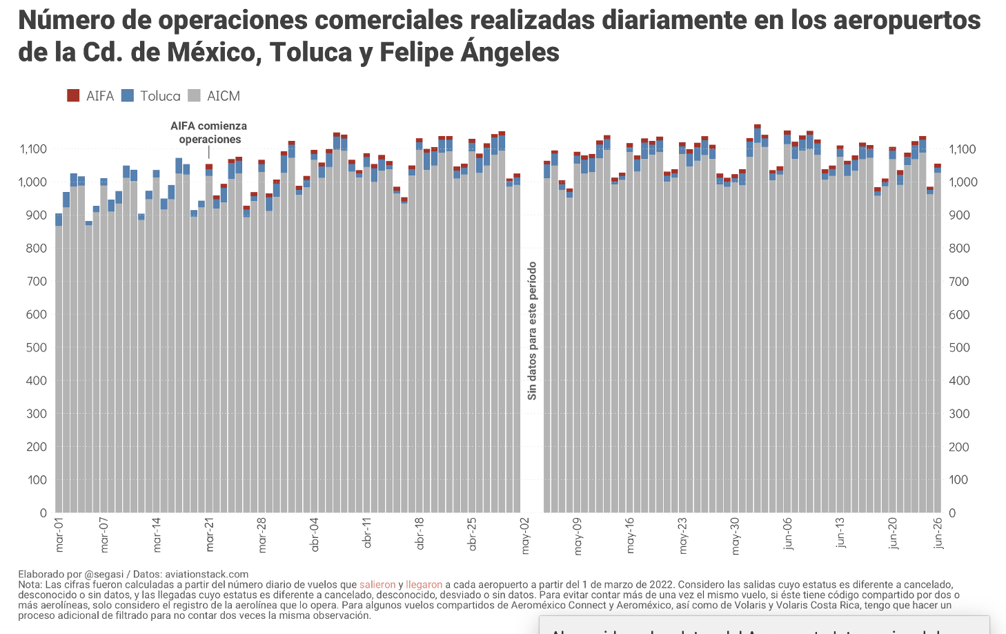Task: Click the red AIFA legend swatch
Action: (73, 96)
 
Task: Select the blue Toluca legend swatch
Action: (127, 96)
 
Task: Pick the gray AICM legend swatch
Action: (194, 96)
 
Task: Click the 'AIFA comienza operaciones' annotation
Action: (209, 133)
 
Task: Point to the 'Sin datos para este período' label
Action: (532, 331)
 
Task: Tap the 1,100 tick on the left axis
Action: (33, 149)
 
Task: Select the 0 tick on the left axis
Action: (43, 513)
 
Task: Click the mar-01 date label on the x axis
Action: (59, 535)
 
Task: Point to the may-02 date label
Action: (526, 536)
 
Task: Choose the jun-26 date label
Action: (938, 534)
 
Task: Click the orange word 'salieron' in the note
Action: (377, 584)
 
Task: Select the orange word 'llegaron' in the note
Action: (424, 584)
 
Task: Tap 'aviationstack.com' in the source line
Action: (206, 574)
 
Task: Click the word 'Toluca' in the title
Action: (310, 52)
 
